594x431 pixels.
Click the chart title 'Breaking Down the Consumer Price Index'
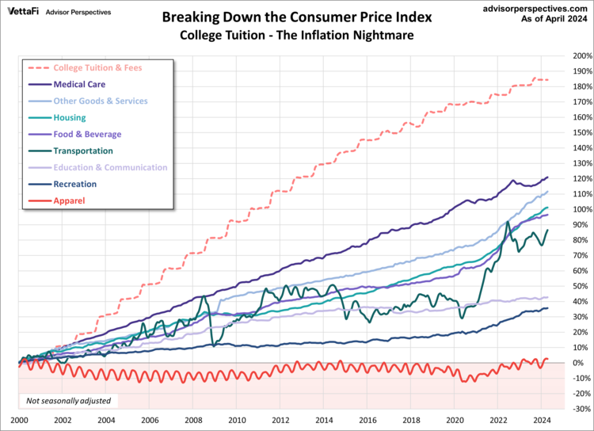[297, 17]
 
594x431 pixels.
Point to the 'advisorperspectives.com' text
[535, 7]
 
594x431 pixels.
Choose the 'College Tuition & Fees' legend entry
[97, 67]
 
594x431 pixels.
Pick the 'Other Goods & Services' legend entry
[100, 101]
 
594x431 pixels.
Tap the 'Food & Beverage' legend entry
[87, 134]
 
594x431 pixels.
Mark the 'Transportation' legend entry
[82, 151]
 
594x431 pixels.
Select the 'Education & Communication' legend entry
[110, 167]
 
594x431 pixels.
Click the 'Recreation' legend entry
[75, 184]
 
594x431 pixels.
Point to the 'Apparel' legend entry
[69, 200]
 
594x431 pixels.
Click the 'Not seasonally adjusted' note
[68, 401]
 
